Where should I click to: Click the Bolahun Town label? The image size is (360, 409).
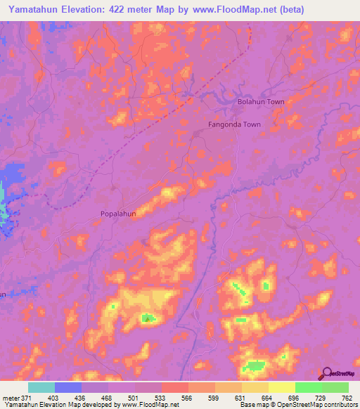coord(260,102)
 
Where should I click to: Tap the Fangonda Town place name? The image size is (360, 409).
coord(234,124)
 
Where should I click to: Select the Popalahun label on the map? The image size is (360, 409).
coord(123,213)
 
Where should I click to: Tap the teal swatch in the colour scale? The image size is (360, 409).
coord(41,387)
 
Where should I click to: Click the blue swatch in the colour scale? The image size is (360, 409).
coord(68,387)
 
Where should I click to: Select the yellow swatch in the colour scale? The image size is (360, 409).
coord(282,387)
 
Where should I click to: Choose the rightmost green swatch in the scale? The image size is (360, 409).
coord(335,387)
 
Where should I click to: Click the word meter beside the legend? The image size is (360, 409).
coord(10,398)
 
